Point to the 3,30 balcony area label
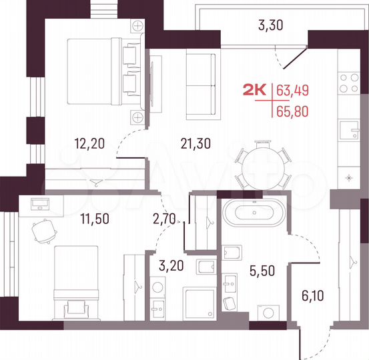(270, 27)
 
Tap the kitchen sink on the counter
(348, 129)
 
